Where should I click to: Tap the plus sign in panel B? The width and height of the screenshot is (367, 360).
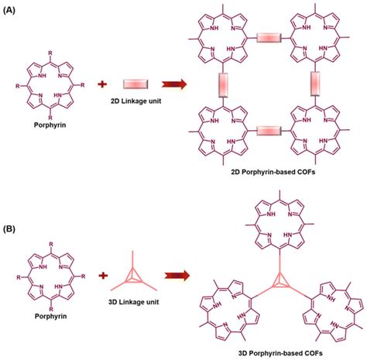coord(101,273)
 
